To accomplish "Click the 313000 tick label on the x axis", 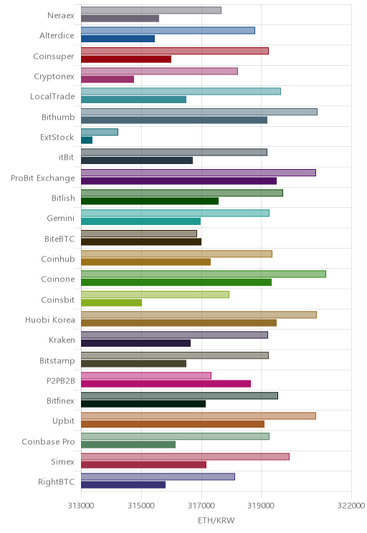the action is [81, 506].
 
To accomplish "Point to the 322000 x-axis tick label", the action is [351, 506].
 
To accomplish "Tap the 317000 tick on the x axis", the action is [201, 506].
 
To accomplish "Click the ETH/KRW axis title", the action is [216, 520].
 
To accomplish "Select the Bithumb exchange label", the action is [58, 117].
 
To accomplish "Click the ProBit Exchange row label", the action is [43, 178].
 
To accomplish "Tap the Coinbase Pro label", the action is [48, 441].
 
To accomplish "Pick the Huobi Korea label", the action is [50, 320].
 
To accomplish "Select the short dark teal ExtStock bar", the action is [87, 140].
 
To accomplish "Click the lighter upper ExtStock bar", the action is [100, 132].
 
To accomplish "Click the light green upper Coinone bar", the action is [204, 274].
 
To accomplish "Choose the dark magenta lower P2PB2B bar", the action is [166, 384].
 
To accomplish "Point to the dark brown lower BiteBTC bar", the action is [141, 241].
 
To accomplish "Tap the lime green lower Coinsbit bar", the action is [112, 302].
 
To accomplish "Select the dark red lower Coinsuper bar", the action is [126, 59].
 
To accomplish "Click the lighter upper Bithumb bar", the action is [199, 112].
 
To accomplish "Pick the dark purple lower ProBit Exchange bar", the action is [179, 181].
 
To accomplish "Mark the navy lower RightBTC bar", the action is [123, 485].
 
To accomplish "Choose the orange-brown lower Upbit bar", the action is [173, 424].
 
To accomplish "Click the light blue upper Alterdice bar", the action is [168, 31].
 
